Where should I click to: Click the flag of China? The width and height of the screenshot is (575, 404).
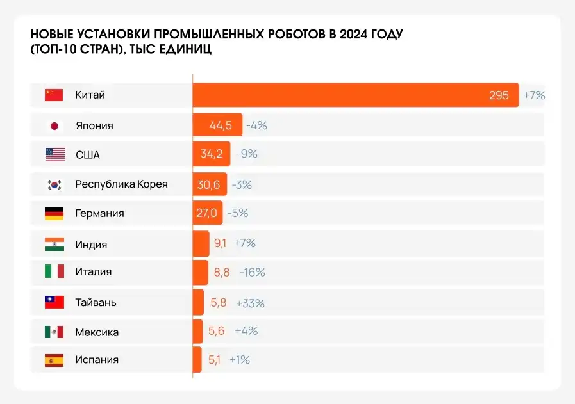tap(54, 95)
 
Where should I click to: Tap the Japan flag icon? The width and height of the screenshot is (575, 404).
tap(54, 125)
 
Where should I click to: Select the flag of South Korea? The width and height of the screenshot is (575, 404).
tap(54, 184)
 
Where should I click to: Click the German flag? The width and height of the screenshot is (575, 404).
tap(54, 214)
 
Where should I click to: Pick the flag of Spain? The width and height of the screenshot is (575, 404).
tap(54, 360)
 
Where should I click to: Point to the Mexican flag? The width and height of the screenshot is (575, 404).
tap(54, 332)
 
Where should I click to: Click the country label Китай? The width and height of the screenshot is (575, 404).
tap(90, 95)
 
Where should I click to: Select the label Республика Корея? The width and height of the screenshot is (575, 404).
tap(121, 184)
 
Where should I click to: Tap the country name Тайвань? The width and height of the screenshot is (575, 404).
tap(96, 302)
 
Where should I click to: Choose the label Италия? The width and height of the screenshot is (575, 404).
tap(93, 272)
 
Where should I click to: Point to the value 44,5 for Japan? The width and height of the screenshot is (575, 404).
tap(221, 125)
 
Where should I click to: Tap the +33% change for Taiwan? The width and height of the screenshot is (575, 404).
tap(250, 303)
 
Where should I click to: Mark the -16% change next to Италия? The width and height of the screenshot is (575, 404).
tap(252, 272)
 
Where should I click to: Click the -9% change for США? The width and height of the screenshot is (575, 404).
tap(246, 154)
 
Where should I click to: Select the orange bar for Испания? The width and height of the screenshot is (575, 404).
tap(197, 360)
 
